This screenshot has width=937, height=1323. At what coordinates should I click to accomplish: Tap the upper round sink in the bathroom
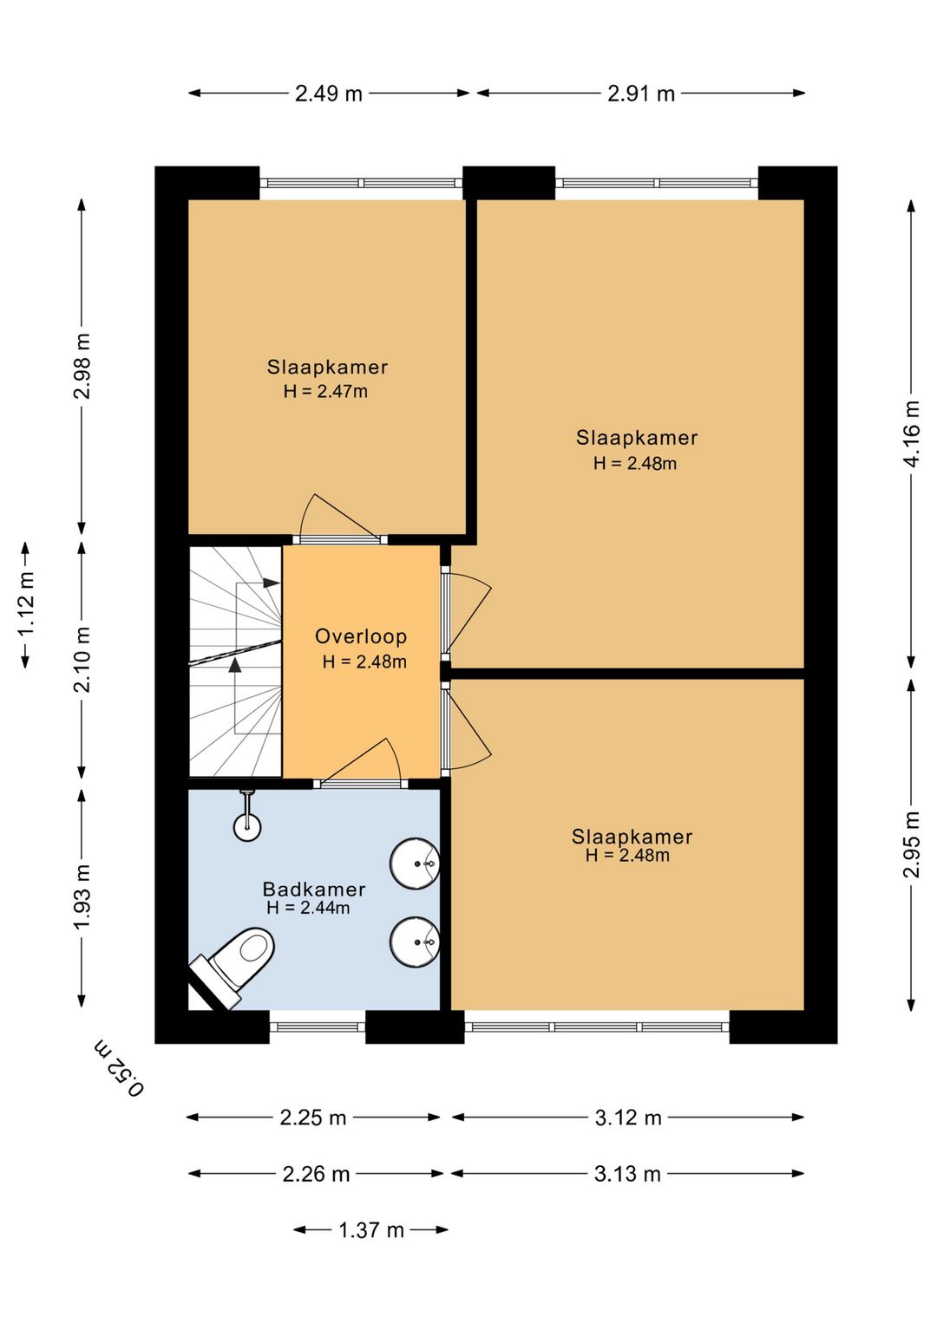(415, 863)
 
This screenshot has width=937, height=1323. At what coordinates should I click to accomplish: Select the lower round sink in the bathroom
(415, 942)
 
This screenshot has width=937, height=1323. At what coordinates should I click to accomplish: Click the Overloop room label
(361, 636)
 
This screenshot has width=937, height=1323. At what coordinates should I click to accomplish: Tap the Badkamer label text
(314, 889)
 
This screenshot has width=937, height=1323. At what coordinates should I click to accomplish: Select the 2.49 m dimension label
(329, 94)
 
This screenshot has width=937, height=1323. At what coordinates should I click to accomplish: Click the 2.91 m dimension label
(641, 94)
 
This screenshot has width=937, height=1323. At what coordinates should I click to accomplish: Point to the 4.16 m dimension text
(911, 433)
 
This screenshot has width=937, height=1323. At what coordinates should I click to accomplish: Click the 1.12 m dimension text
(27, 605)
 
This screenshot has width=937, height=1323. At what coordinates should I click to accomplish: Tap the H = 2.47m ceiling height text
(325, 392)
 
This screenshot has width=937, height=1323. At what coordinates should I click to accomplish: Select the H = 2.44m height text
(308, 907)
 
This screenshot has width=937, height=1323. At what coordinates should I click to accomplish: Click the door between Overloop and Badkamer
(361, 763)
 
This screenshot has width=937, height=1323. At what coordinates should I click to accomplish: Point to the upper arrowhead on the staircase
(272, 583)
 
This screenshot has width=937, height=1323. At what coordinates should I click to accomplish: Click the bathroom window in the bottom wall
(318, 1026)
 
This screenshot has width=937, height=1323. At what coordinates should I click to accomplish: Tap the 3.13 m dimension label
(627, 1174)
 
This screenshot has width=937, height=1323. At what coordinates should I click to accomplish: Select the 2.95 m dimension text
(911, 844)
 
